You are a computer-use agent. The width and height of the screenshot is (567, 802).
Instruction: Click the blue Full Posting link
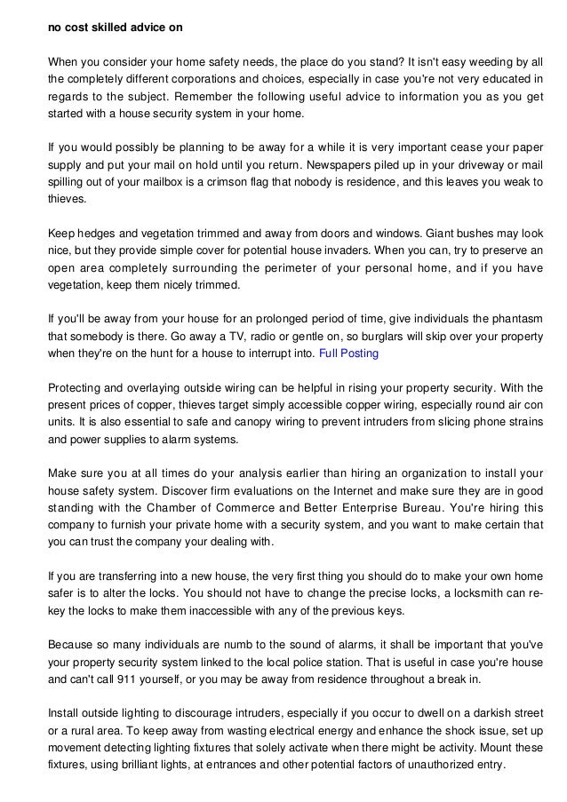(348, 353)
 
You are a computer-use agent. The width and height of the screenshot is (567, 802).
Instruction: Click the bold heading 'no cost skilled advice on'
(116, 28)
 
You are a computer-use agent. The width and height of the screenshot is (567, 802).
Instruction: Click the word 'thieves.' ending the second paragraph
(68, 199)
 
